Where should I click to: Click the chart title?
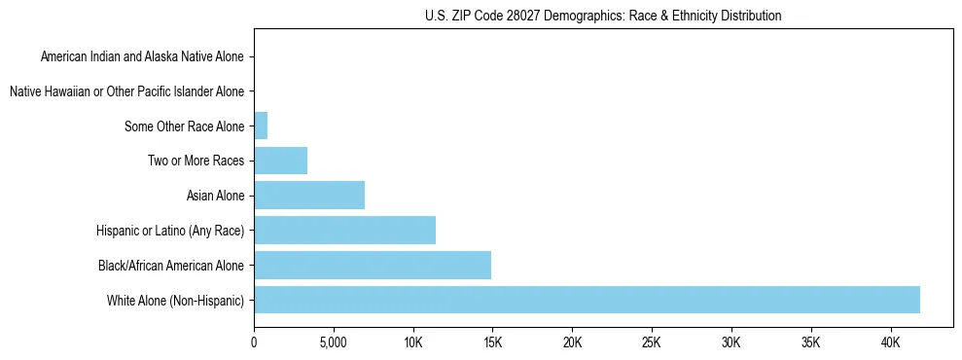pyautogui.click(x=603, y=16)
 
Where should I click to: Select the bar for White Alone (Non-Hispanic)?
pyautogui.click(x=587, y=300)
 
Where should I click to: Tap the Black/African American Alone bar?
pyautogui.click(x=373, y=265)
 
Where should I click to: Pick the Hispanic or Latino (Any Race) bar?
pyautogui.click(x=344, y=230)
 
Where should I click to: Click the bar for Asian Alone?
pyautogui.click(x=309, y=196)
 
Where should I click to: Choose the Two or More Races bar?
pyautogui.click(x=280, y=161)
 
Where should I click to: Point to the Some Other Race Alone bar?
pyautogui.click(x=261, y=126)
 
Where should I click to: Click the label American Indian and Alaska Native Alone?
pyautogui.click(x=143, y=56)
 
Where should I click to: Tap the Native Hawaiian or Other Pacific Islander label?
pyautogui.click(x=127, y=91)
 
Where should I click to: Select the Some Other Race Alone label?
pyautogui.click(x=185, y=126)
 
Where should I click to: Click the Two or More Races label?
pyautogui.click(x=196, y=161)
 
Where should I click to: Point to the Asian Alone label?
pyautogui.click(x=216, y=196)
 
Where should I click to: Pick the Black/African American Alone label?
pyautogui.click(x=172, y=266)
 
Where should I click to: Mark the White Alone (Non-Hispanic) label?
pyautogui.click(x=176, y=301)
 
